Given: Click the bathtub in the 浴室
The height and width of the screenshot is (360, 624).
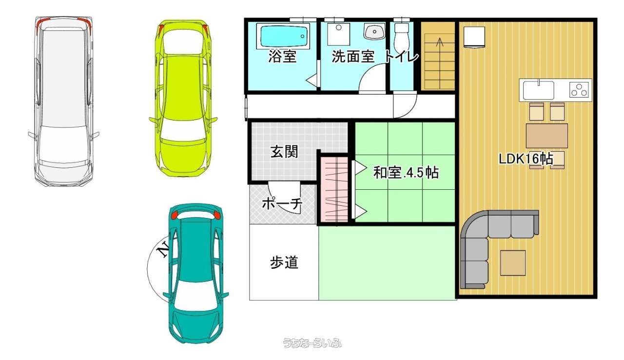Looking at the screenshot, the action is pyautogui.click(x=283, y=36).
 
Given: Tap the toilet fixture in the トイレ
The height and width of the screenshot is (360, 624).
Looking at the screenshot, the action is pyautogui.click(x=401, y=36).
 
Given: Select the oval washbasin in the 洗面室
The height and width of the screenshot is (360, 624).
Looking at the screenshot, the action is pyautogui.click(x=374, y=31).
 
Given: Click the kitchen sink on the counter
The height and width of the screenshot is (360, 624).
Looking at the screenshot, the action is pyautogui.click(x=538, y=90).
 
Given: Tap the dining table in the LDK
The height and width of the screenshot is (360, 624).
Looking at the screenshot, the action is pyautogui.click(x=546, y=136).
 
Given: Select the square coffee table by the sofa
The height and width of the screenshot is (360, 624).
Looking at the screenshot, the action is pyautogui.click(x=513, y=263).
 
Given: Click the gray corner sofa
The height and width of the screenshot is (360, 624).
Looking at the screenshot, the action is pyautogui.click(x=490, y=245).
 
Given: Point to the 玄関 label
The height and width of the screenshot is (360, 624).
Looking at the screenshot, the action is pyautogui.click(x=284, y=152).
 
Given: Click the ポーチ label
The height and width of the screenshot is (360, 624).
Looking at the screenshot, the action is pyautogui.click(x=282, y=204).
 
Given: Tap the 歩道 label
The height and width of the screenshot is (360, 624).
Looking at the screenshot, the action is pyautogui.click(x=284, y=262).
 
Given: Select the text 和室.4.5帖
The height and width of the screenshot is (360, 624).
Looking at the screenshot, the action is pyautogui.click(x=406, y=173).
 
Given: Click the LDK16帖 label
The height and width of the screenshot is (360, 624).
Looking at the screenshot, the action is pyautogui.click(x=526, y=159).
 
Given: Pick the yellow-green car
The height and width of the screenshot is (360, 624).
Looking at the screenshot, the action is pyautogui.click(x=183, y=98).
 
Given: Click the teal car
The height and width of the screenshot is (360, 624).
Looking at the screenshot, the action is pyautogui.click(x=196, y=273).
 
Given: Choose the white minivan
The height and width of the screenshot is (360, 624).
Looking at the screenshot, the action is pyautogui.click(x=64, y=101).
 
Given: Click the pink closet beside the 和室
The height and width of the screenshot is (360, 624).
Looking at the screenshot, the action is pyautogui.click(x=334, y=189).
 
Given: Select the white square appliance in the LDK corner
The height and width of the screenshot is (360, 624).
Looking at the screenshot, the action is pyautogui.click(x=474, y=37).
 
